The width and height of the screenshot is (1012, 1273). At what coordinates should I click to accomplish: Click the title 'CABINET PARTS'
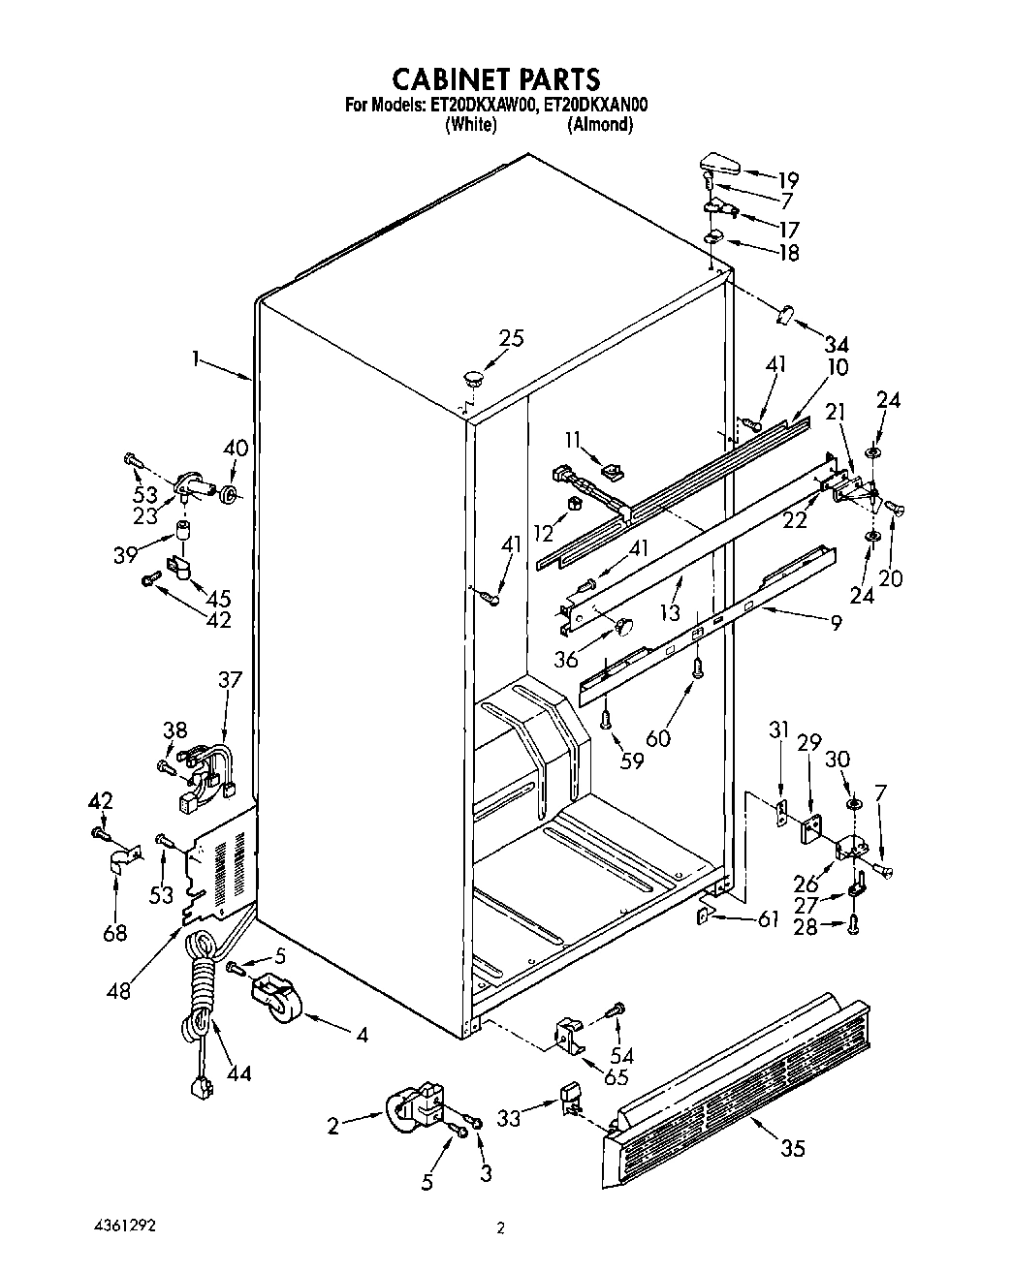[495, 78]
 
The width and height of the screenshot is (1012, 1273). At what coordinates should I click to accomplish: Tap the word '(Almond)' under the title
[600, 125]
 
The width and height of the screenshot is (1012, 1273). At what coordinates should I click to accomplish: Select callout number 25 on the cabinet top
[511, 338]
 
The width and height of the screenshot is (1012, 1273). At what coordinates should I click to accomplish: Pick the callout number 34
[835, 343]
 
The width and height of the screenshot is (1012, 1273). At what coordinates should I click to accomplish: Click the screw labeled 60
[697, 668]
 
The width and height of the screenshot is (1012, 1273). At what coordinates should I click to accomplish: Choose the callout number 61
[768, 919]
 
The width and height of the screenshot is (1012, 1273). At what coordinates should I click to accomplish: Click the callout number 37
[230, 679]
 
